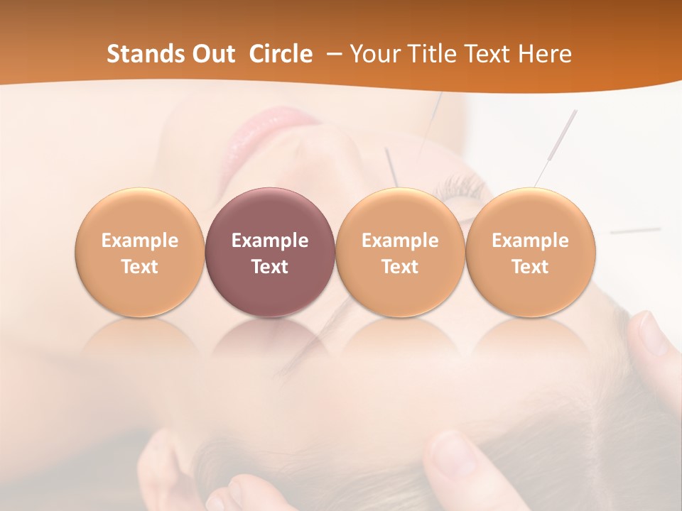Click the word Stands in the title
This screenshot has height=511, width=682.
click(x=146, y=54)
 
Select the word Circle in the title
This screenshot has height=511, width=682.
click(x=281, y=54)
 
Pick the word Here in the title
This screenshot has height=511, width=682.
click(x=546, y=54)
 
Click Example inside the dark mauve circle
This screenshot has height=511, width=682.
click(x=270, y=241)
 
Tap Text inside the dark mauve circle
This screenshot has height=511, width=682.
click(x=270, y=267)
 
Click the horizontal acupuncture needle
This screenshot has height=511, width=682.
click(x=635, y=231)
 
